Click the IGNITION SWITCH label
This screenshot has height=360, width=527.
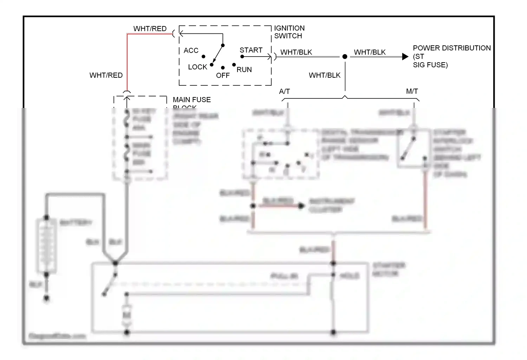tap(289, 32)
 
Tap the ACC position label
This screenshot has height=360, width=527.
tap(191, 51)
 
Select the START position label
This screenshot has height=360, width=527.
tap(251, 50)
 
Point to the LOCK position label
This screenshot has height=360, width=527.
tap(197, 67)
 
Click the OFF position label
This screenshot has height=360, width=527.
tap(223, 76)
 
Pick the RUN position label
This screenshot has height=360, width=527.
tap(244, 70)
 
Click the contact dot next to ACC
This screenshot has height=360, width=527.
tap(203, 57)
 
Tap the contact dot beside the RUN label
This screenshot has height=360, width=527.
tap(234, 65)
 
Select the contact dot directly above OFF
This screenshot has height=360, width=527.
tap(223, 68)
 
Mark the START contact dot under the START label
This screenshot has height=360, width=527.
tap(242, 57)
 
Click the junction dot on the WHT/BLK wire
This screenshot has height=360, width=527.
tap(345, 57)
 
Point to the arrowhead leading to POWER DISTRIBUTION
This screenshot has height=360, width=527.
tap(405, 57)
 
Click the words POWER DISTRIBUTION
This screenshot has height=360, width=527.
tap(451, 48)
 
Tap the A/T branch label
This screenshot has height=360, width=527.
tap(284, 91)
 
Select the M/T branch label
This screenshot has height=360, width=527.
tap(412, 91)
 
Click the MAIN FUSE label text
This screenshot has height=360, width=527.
tap(191, 100)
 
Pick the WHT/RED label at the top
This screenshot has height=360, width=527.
tap(150, 29)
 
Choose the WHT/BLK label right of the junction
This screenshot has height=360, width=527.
tap(370, 52)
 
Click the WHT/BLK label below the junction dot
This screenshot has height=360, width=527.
tap(324, 75)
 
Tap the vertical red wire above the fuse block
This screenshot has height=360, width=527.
tap(127, 63)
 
